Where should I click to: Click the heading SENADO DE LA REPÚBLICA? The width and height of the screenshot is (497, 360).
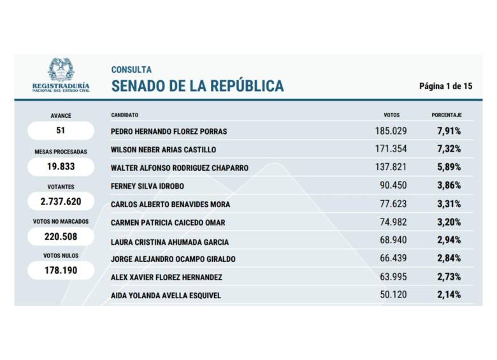pos(198,86)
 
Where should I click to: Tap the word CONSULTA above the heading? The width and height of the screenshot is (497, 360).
pos(131,69)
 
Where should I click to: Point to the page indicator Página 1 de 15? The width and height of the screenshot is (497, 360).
pos(445,86)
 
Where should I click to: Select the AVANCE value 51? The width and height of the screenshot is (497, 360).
pos(61,131)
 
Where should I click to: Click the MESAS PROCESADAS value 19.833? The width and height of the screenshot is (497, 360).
pos(61,166)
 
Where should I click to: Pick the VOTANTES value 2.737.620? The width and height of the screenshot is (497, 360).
pos(61,201)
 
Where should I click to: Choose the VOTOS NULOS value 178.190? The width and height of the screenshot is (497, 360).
pos(61,270)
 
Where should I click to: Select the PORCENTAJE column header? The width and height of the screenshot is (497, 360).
pos(446,115)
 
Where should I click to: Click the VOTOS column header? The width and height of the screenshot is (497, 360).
pos(391,115)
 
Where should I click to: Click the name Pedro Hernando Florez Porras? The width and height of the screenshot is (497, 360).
pos(169,132)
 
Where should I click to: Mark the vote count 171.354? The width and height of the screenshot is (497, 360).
pos(391,148)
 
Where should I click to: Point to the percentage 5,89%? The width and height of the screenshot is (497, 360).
pos(449,167)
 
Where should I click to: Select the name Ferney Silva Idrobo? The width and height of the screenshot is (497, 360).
pos(148,186)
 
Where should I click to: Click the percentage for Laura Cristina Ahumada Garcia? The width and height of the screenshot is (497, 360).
pos(449,241)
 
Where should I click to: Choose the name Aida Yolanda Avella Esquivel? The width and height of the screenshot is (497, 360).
pos(166,296)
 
